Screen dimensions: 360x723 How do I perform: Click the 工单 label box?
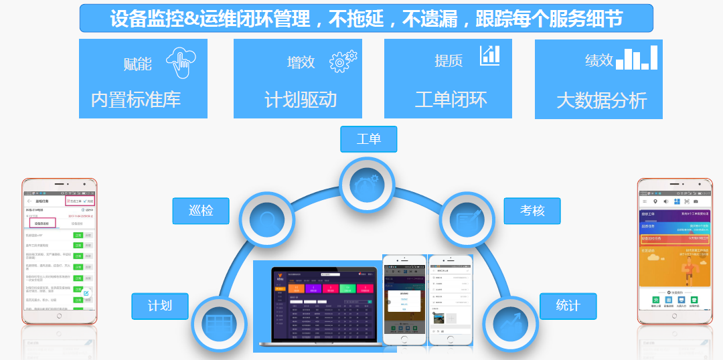(369, 139)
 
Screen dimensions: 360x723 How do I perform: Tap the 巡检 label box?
(201, 211)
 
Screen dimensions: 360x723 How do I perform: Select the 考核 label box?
(532, 211)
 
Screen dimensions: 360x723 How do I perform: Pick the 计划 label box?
(160, 306)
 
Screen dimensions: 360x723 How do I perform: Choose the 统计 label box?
(568, 306)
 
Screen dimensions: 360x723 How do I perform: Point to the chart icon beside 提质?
(490, 56)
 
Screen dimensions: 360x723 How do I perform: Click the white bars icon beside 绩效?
(637, 58)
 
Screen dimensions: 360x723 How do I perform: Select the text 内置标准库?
(136, 100)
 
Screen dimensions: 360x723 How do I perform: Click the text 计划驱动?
(301, 100)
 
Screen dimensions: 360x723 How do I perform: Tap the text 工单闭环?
(451, 100)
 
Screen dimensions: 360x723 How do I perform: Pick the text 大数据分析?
(602, 101)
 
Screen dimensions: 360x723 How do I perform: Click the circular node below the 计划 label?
(219, 325)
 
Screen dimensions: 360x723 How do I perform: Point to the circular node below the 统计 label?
(510, 325)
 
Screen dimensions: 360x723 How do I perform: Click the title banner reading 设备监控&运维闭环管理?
(366, 18)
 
